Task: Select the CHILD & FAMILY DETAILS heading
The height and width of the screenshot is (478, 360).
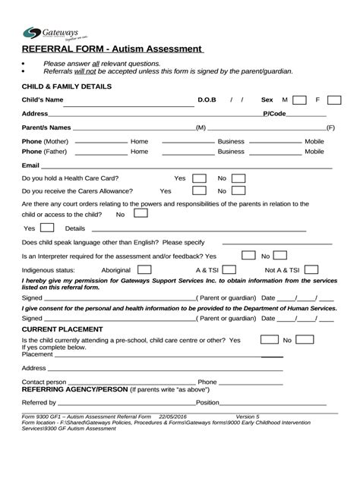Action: pos(67,86)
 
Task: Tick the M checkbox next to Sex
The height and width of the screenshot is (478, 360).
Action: pos(299,100)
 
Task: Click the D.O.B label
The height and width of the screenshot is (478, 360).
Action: pos(207,100)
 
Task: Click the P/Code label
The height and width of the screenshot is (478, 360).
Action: pos(274,113)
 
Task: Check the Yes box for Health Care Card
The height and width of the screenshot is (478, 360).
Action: pos(199,178)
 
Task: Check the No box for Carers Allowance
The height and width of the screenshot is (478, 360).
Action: pos(238,191)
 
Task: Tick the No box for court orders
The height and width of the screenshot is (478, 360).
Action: pos(140,214)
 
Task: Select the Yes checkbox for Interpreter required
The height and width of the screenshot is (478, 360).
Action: pos(248,256)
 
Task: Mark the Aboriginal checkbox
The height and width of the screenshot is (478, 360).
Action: pos(144,269)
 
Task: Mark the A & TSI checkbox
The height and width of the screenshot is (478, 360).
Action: pos(229,269)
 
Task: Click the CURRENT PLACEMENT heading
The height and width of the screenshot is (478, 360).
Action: pos(62,329)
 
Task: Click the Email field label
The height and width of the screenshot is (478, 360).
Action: pos(30,165)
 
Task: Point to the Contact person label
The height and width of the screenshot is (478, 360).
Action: pos(44,382)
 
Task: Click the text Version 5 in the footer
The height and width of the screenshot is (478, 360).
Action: pos(248,417)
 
